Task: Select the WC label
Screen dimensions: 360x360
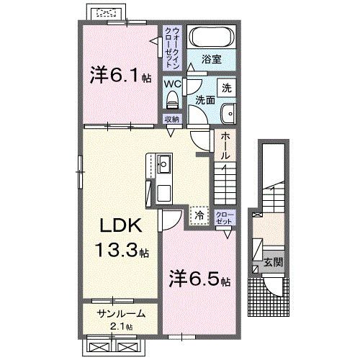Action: (x=172, y=84)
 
